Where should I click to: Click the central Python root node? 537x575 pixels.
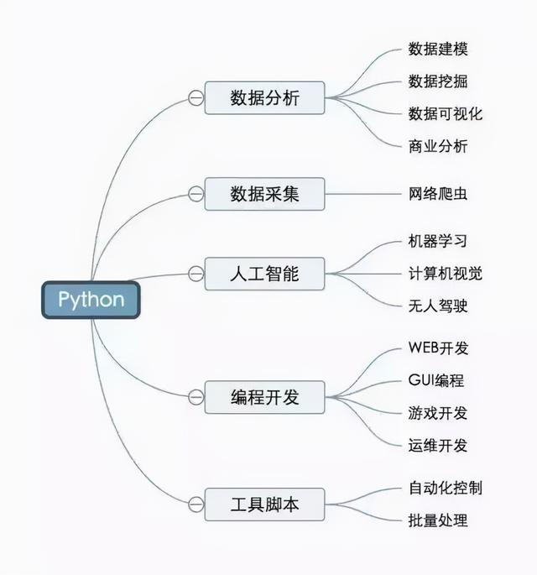click(91, 300)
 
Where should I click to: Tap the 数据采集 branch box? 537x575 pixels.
click(264, 194)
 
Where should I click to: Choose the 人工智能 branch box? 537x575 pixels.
click(264, 274)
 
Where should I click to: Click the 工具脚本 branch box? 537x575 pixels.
click(264, 504)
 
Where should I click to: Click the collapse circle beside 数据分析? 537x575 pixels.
click(196, 99)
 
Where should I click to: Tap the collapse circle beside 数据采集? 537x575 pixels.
click(196, 194)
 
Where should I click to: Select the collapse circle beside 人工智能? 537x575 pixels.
click(196, 274)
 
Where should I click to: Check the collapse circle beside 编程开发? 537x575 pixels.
click(196, 396)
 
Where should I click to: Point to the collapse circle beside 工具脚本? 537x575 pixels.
click(196, 504)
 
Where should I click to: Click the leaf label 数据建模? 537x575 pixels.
click(438, 49)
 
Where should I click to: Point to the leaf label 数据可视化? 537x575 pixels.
click(446, 113)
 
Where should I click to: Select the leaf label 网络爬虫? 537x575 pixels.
click(438, 194)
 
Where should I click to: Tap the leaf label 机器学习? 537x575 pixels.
click(438, 242)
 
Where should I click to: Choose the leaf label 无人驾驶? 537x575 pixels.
click(438, 305)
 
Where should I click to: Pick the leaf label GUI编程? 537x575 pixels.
click(436, 380)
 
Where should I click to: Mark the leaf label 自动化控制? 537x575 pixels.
click(446, 488)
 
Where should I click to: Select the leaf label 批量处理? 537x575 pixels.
click(438, 520)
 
